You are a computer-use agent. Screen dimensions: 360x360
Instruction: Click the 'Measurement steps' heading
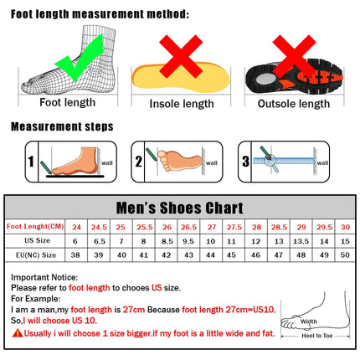pos(63,127)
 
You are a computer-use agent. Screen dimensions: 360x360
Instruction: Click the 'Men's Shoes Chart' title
pos(180,208)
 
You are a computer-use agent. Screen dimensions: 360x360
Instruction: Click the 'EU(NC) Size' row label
pos(30,254)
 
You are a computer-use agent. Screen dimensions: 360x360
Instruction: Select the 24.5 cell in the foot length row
pos(99,226)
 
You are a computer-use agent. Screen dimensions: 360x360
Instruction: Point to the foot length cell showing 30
pos(344,226)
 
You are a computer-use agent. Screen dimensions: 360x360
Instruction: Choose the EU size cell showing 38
pos(76,254)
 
